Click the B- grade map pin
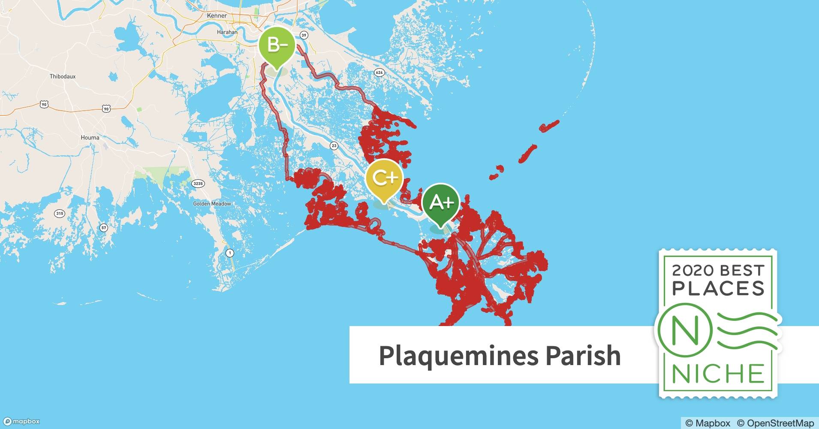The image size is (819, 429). (277, 45)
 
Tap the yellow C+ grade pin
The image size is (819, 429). (385, 178)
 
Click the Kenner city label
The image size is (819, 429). (217, 15)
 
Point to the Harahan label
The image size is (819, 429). (227, 32)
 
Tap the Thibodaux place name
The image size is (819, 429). (63, 76)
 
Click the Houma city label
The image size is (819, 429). (90, 138)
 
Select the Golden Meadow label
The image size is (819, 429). (212, 204)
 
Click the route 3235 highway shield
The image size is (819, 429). (198, 184)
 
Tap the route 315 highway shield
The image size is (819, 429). (60, 214)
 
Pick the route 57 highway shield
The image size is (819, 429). (103, 227)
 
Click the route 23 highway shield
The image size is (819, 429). (334, 146)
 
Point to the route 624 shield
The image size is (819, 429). (379, 73)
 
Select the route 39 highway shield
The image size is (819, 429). (304, 35)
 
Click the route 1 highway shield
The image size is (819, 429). (230, 253)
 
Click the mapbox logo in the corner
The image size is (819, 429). (21, 422)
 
